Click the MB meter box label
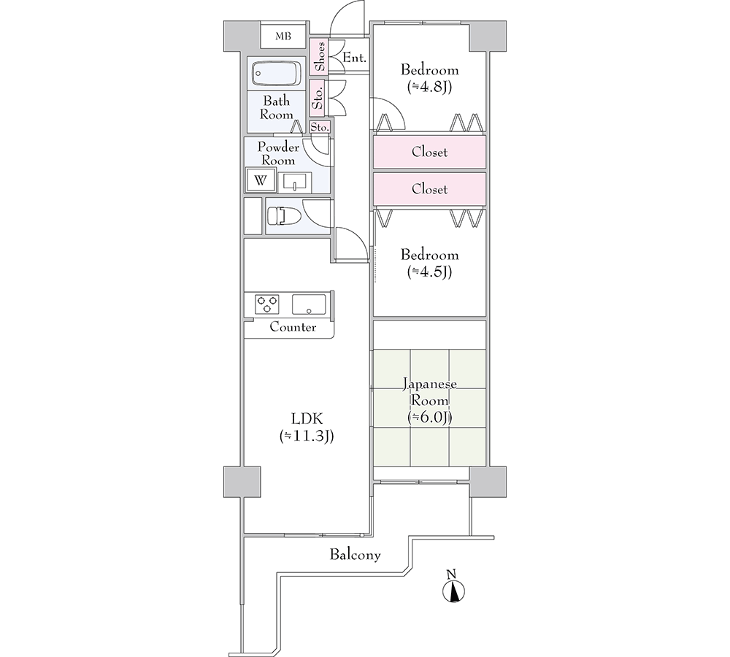(x=283, y=36)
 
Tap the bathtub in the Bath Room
(x=276, y=74)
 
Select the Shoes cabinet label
(x=320, y=56)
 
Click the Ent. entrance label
(x=354, y=58)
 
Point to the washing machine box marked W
(x=261, y=180)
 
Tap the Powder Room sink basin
(x=295, y=182)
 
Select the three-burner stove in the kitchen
(x=266, y=304)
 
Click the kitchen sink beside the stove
(x=309, y=304)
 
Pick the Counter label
(x=293, y=327)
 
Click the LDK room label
(x=307, y=427)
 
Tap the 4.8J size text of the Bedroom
(x=430, y=87)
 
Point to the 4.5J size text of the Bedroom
(x=430, y=272)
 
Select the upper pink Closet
(x=429, y=152)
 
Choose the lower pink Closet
(x=429, y=189)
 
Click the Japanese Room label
(x=430, y=392)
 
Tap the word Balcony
(x=356, y=555)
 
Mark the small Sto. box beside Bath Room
(x=320, y=126)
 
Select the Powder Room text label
(x=278, y=153)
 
